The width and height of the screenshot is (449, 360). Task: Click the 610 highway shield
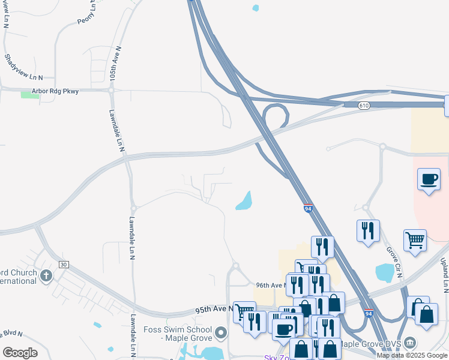tap(364, 106)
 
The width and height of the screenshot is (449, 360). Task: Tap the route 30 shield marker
tap(63, 264)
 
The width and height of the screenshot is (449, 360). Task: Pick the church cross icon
tap(46, 275)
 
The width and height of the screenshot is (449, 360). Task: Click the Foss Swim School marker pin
tap(221, 332)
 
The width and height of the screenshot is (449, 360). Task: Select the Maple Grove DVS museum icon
tap(410, 342)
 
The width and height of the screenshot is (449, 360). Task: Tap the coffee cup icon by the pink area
tap(429, 179)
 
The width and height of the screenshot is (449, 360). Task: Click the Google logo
tap(20, 353)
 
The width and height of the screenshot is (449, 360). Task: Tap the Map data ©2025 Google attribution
tap(412, 355)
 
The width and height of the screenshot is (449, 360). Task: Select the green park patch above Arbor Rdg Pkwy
tap(30, 94)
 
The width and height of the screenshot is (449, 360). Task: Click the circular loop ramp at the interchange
tap(275, 115)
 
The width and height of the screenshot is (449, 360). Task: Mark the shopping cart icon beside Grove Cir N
tap(415, 241)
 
